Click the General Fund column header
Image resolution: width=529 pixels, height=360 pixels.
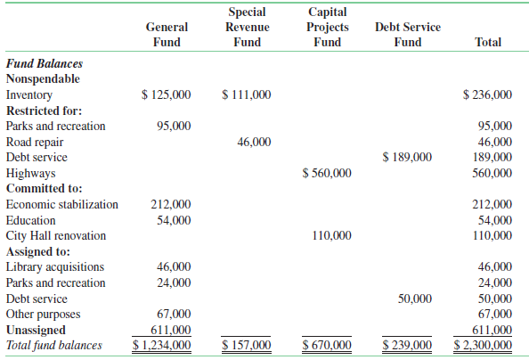click(x=167, y=35)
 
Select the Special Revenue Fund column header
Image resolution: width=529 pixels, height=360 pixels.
click(x=247, y=27)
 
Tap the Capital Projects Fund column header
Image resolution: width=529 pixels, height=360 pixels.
click(x=327, y=27)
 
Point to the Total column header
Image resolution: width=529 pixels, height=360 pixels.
click(x=488, y=42)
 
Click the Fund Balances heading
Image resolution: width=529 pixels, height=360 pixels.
click(x=45, y=63)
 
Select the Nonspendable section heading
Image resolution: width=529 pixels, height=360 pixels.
click(x=43, y=78)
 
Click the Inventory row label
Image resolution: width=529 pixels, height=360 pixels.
click(x=29, y=94)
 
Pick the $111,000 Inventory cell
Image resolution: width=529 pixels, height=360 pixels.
click(x=247, y=94)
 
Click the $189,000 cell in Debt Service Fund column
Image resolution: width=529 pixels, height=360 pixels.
click(x=407, y=157)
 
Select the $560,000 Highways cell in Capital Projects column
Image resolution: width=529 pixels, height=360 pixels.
click(x=327, y=173)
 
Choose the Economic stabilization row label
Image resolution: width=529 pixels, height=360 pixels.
click(x=61, y=204)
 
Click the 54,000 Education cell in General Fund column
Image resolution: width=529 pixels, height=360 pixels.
click(x=173, y=220)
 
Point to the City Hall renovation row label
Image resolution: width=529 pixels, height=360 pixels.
click(x=56, y=236)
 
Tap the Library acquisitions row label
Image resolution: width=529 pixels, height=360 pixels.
click(x=55, y=267)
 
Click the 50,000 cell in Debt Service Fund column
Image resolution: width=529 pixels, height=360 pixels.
click(x=414, y=299)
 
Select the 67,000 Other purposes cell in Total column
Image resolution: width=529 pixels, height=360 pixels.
click(x=495, y=314)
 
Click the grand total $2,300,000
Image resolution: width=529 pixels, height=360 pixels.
click(x=483, y=345)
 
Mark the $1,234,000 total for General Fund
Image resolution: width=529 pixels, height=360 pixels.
click(x=161, y=345)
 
